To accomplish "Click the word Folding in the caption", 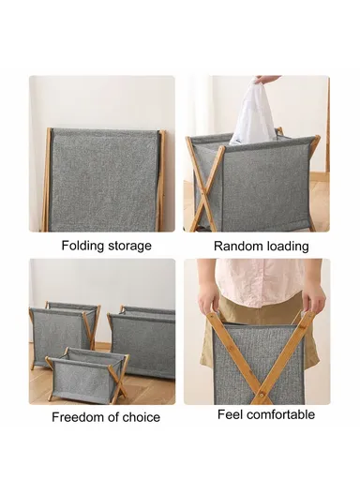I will [82, 246].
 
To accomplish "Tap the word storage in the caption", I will [127, 246].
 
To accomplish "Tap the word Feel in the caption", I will [232, 414].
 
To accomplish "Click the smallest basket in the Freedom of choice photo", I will [83, 373].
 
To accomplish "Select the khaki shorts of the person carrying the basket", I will [257, 315].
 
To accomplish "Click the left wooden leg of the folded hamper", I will [47, 180].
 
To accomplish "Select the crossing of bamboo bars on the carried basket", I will [260, 360].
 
